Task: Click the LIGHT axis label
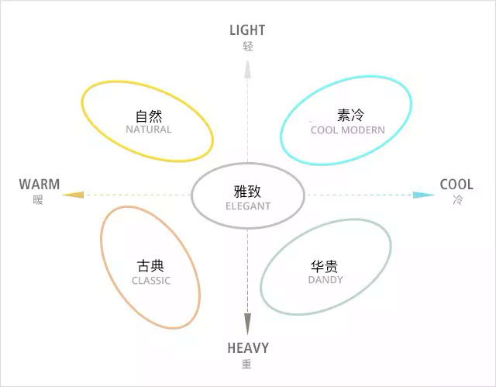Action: point(247,30)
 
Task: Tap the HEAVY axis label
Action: point(248,348)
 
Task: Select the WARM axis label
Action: point(40,185)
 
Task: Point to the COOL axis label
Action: point(456,185)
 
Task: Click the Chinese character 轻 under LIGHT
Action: point(248,46)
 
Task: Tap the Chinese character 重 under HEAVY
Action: point(246,364)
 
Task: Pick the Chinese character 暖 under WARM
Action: point(39,199)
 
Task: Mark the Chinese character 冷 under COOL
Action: point(457,199)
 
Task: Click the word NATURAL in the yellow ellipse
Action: point(149,130)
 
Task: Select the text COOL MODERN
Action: point(347,130)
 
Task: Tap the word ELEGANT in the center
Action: point(248,206)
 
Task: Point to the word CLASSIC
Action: point(151,281)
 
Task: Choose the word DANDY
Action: point(325,280)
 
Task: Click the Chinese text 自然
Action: point(149,116)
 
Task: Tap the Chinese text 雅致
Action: point(248,192)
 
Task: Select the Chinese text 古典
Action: point(150,266)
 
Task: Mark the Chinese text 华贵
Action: point(325,265)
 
